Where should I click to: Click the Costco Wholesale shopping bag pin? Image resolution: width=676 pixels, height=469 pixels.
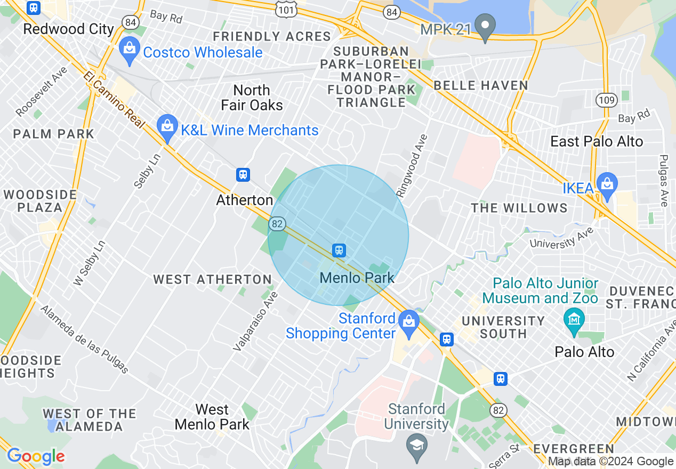tap(129, 48)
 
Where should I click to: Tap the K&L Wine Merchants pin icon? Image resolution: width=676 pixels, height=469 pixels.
tap(167, 127)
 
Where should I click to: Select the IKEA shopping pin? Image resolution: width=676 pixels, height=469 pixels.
tap(607, 184)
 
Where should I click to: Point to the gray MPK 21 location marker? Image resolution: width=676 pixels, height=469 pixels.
tap(485, 27)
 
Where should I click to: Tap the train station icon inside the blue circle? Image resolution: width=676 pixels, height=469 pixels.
tap(339, 250)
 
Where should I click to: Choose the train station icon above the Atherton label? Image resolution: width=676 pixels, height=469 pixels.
tap(243, 175)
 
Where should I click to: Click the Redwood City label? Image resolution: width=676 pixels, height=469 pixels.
tap(69, 29)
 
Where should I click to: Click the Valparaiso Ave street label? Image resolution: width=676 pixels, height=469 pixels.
tap(256, 321)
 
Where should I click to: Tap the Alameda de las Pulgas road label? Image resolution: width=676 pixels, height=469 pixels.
tap(84, 339)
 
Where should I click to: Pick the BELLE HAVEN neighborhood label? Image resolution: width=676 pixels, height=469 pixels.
tap(480, 85)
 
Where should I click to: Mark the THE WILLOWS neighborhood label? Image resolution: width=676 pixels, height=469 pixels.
tap(519, 208)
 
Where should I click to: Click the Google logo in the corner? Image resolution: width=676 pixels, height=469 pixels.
tap(36, 456)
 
